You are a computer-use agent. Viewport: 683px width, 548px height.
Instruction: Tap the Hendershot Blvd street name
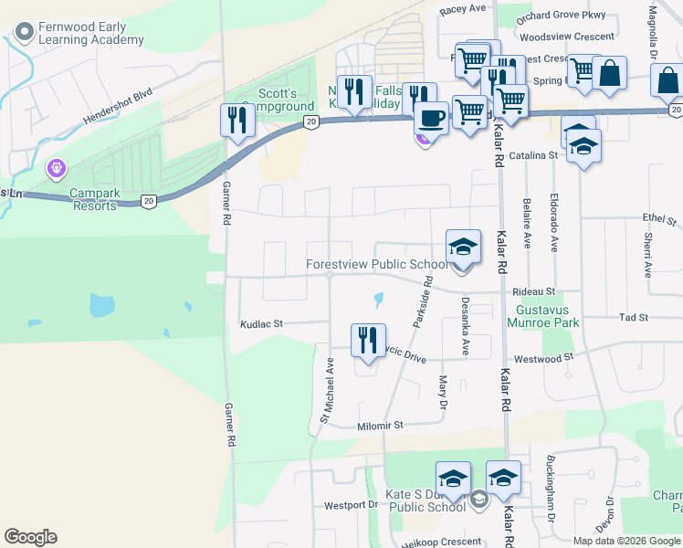click(x=117, y=107)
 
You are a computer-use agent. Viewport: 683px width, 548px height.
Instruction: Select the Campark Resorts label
click(x=94, y=200)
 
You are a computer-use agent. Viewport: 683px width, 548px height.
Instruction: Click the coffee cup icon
click(x=431, y=118)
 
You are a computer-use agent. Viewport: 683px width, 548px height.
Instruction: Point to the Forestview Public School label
click(x=377, y=265)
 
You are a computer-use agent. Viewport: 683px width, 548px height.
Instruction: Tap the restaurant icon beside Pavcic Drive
click(x=368, y=340)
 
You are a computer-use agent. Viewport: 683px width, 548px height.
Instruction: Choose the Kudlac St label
click(x=262, y=323)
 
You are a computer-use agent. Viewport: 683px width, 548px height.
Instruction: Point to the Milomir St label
click(x=379, y=425)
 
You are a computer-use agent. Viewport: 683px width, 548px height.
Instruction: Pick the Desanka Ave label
click(x=465, y=326)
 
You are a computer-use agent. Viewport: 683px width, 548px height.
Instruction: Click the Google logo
click(x=30, y=537)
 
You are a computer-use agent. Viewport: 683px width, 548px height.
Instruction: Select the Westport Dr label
click(x=351, y=505)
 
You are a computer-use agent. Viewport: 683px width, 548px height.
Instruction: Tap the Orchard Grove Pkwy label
click(x=560, y=17)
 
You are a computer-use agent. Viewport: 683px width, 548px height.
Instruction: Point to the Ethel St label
click(x=658, y=220)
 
